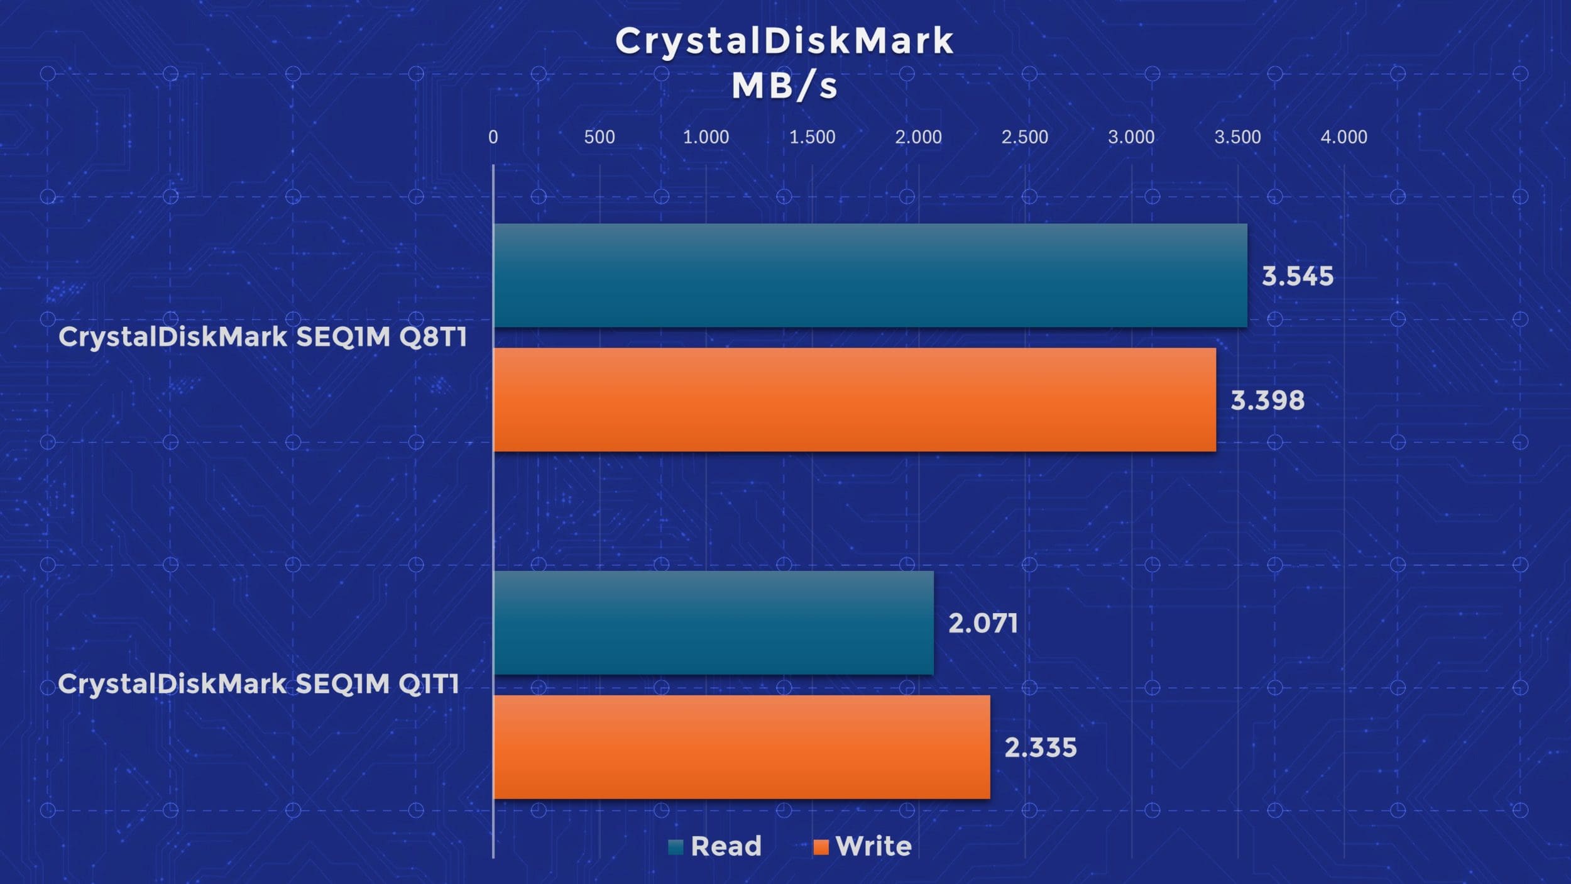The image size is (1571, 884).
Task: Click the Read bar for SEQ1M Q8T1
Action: [870, 275]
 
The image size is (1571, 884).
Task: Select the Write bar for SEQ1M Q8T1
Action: [855, 400]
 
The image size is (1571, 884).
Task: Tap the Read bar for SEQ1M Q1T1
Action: [714, 623]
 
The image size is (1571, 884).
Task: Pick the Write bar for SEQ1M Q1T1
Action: [742, 747]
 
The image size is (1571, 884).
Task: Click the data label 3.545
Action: [1298, 277]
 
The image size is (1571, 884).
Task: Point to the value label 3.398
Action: [1267, 401]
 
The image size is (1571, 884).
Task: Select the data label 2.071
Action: [983, 624]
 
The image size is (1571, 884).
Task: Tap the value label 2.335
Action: [1041, 748]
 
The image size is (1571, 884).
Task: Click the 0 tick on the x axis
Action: [493, 137]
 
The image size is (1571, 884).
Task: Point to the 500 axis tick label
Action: [599, 137]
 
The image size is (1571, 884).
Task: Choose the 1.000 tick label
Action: [706, 137]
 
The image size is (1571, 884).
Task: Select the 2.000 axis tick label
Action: [919, 137]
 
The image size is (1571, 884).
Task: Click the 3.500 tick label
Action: [1237, 137]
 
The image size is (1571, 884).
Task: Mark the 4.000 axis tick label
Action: [1344, 137]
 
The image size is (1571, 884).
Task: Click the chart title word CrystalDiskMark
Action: [785, 41]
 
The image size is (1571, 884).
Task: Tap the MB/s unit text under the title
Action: [784, 86]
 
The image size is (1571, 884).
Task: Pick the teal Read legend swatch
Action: [676, 848]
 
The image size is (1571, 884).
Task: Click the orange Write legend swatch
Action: [821, 848]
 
